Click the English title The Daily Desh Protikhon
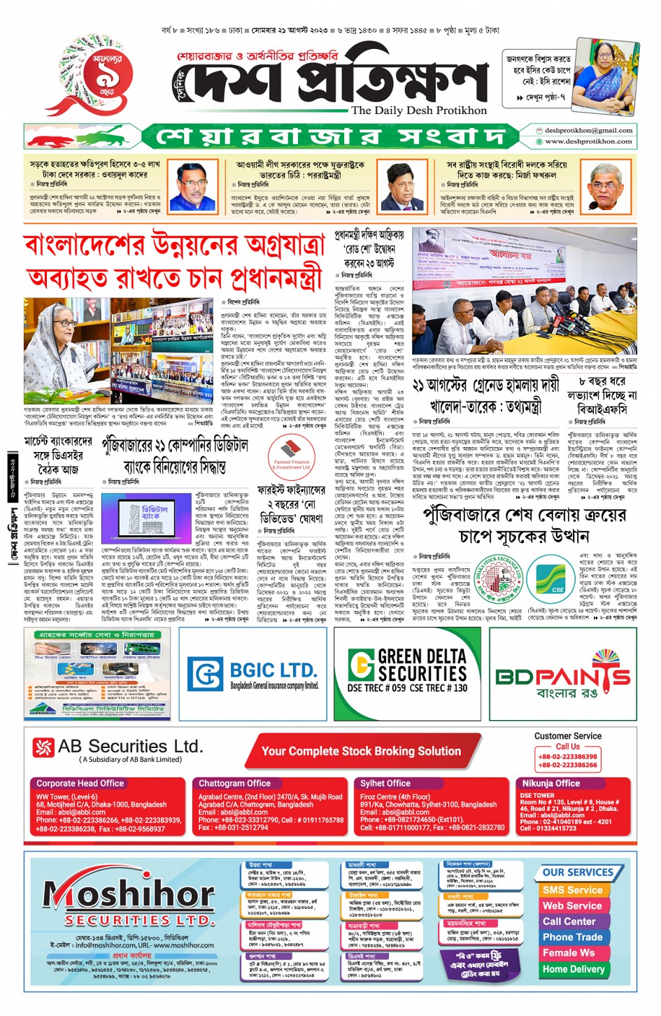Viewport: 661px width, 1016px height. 418,111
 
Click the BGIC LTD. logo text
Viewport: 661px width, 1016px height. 273,670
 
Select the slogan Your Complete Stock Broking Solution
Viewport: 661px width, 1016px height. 361,751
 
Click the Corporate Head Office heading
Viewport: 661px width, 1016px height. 80,784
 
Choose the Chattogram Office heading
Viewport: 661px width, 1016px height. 234,784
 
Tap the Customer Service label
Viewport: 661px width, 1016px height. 567,736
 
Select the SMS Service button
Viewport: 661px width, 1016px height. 572,890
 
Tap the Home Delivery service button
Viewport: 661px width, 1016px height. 573,969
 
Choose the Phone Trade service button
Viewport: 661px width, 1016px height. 572,937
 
